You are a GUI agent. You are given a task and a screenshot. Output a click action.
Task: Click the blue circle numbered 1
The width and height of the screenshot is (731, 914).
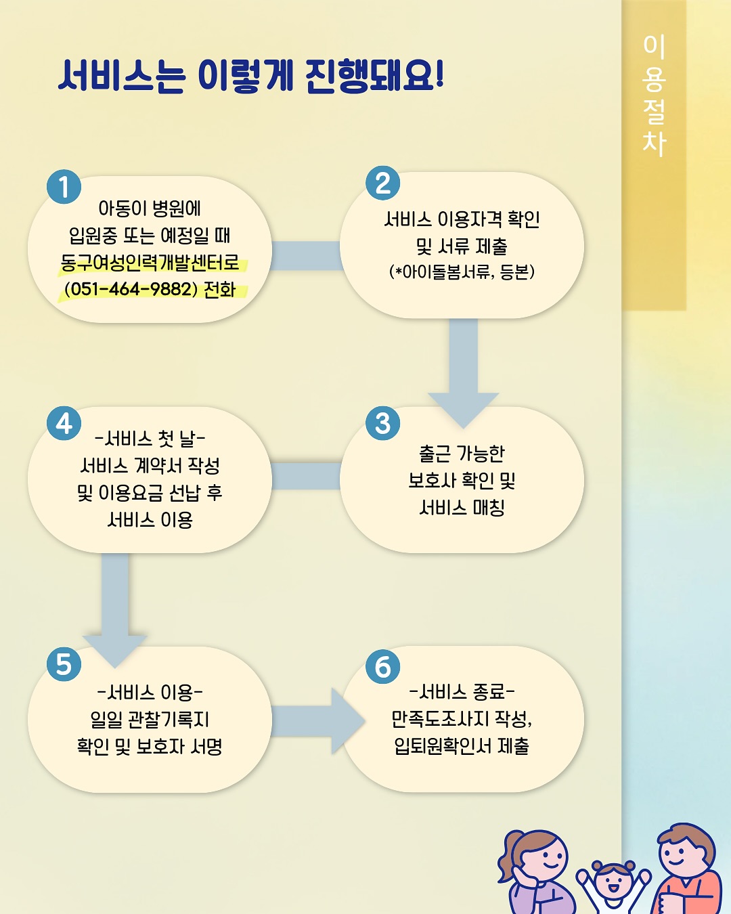[64, 186]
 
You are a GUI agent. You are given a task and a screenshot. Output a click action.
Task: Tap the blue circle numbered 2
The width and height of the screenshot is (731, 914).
[382, 183]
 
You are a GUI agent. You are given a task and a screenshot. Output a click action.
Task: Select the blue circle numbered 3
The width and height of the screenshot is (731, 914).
[382, 423]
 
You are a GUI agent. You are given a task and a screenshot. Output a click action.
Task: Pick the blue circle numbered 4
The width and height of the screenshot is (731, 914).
[64, 423]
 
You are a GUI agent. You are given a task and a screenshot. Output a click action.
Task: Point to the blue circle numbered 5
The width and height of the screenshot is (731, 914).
[64, 664]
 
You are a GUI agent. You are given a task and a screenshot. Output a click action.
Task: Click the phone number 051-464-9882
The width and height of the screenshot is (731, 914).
[131, 289]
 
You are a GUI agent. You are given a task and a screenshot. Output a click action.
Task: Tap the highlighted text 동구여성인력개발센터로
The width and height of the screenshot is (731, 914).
[150, 263]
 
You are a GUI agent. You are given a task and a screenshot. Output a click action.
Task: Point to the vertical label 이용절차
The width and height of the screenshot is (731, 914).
[654, 95]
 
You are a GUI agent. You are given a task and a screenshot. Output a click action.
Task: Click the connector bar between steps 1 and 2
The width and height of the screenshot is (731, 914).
[306, 256]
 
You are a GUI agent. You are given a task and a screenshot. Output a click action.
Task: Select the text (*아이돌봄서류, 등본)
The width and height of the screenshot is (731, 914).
[462, 271]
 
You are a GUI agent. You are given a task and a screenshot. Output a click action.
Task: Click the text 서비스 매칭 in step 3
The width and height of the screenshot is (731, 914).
[462, 507]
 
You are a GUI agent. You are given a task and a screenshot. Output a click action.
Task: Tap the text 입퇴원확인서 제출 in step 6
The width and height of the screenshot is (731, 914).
[462, 746]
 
